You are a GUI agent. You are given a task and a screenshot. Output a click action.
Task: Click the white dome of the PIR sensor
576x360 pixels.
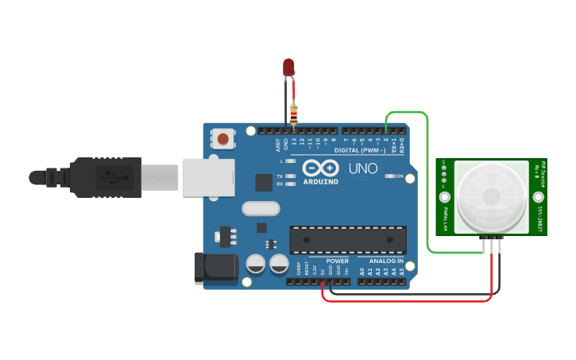pos(486,198)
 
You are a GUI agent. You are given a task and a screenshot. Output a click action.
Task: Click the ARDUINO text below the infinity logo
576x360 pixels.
pos(321,182)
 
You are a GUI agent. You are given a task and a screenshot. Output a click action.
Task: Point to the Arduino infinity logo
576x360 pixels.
pos(321,169)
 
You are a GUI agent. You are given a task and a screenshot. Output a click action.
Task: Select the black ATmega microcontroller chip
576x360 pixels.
pos(348,240)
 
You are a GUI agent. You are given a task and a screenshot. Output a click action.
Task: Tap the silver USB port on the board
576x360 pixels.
pos(209,176)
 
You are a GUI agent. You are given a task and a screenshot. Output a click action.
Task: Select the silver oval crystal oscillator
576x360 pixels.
pos(260,209)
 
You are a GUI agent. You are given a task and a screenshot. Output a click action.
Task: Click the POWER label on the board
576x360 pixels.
pos(337,261)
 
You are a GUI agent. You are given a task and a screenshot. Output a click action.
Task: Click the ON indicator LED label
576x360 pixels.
pos(399,176)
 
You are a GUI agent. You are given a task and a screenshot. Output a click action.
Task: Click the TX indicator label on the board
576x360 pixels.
pos(280,176)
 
